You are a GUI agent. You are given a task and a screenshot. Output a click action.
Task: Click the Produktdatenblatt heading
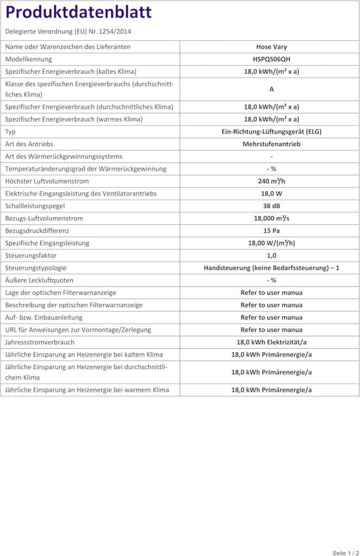pyautogui.click(x=79, y=12)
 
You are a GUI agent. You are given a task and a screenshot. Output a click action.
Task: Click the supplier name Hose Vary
pyautogui.click(x=271, y=47)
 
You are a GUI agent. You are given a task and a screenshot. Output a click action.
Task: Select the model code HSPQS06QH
pyautogui.click(x=271, y=59)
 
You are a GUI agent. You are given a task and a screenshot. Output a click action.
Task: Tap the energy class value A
pyautogui.click(x=271, y=89)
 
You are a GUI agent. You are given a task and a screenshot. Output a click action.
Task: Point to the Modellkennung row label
pyautogui.click(x=29, y=59)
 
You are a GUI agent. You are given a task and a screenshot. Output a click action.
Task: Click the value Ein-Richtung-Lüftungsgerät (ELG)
pyautogui.click(x=271, y=131)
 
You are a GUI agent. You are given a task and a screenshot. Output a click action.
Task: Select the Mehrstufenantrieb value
pyautogui.click(x=271, y=144)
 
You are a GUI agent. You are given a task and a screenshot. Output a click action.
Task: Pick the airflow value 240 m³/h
pyautogui.click(x=271, y=181)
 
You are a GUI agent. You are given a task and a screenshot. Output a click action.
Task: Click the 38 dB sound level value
pyautogui.click(x=271, y=206)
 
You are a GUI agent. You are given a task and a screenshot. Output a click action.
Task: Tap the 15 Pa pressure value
pyautogui.click(x=271, y=231)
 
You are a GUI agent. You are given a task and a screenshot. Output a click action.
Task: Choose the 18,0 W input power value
pyautogui.click(x=271, y=193)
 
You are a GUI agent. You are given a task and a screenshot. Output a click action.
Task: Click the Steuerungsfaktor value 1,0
pyautogui.click(x=271, y=255)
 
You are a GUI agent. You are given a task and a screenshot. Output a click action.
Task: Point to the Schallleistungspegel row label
pyautogui.click(x=35, y=206)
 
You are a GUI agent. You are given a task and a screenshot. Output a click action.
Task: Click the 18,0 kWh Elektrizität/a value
pyautogui.click(x=271, y=342)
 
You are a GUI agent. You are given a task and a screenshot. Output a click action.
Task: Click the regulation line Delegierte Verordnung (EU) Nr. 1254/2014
pyautogui.click(x=68, y=31)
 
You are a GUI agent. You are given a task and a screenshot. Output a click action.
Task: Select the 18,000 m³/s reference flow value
pyautogui.click(x=271, y=218)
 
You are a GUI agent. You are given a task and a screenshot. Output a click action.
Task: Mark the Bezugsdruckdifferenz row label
pyautogui.click(x=37, y=231)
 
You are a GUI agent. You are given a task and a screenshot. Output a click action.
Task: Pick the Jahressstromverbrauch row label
pyautogui.click(x=40, y=342)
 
